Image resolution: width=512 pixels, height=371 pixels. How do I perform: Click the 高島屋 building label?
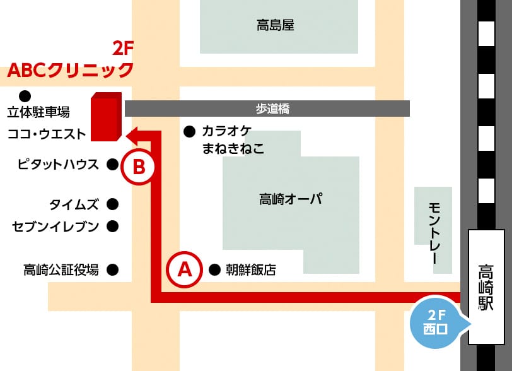[x=276, y=26]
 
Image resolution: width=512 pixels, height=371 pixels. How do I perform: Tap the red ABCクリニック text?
[x=71, y=69]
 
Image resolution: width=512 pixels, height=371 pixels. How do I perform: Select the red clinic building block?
[x=105, y=117]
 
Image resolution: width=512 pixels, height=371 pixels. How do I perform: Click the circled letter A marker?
[x=184, y=269]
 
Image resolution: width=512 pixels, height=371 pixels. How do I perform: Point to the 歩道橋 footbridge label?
[x=272, y=109]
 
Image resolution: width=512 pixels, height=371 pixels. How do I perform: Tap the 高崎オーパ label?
[x=291, y=200]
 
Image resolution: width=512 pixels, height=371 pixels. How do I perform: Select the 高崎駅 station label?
[x=486, y=287]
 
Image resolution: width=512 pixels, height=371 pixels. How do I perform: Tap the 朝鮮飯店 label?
[x=251, y=270]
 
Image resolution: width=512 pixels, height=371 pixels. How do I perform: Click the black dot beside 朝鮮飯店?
[x=214, y=270]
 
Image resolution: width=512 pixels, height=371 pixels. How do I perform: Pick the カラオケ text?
[x=226, y=131]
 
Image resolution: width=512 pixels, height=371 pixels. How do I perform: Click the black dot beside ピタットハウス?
[x=112, y=165]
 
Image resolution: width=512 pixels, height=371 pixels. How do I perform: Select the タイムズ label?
[x=74, y=204]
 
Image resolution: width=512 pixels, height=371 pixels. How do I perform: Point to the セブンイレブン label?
[x=55, y=226]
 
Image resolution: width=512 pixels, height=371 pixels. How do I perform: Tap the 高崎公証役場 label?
[x=61, y=270]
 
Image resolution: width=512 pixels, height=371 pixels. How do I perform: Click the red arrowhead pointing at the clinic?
[x=132, y=134]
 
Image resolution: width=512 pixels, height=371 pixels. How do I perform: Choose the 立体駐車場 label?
[x=38, y=113]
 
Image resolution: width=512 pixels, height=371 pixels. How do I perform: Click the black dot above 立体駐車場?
[x=25, y=96]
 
